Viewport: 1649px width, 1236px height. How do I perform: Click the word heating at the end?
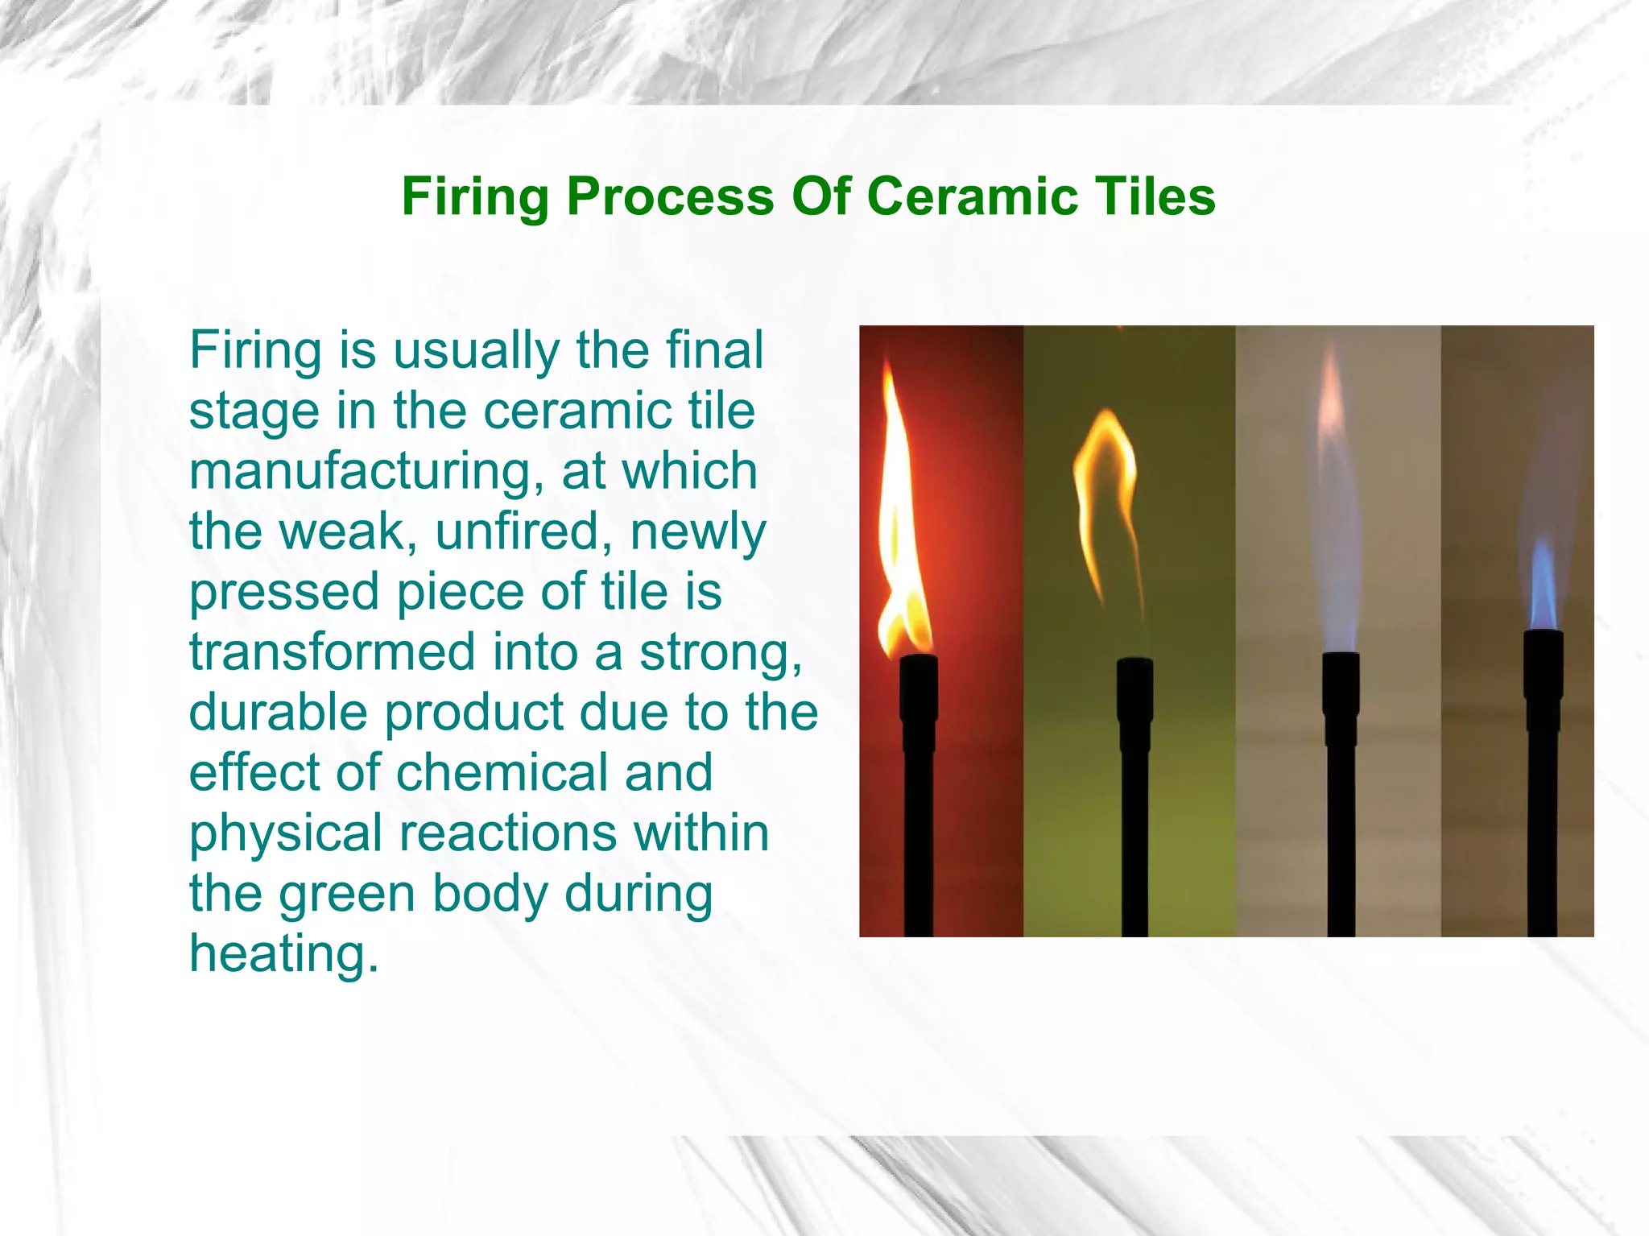tap(283, 955)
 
